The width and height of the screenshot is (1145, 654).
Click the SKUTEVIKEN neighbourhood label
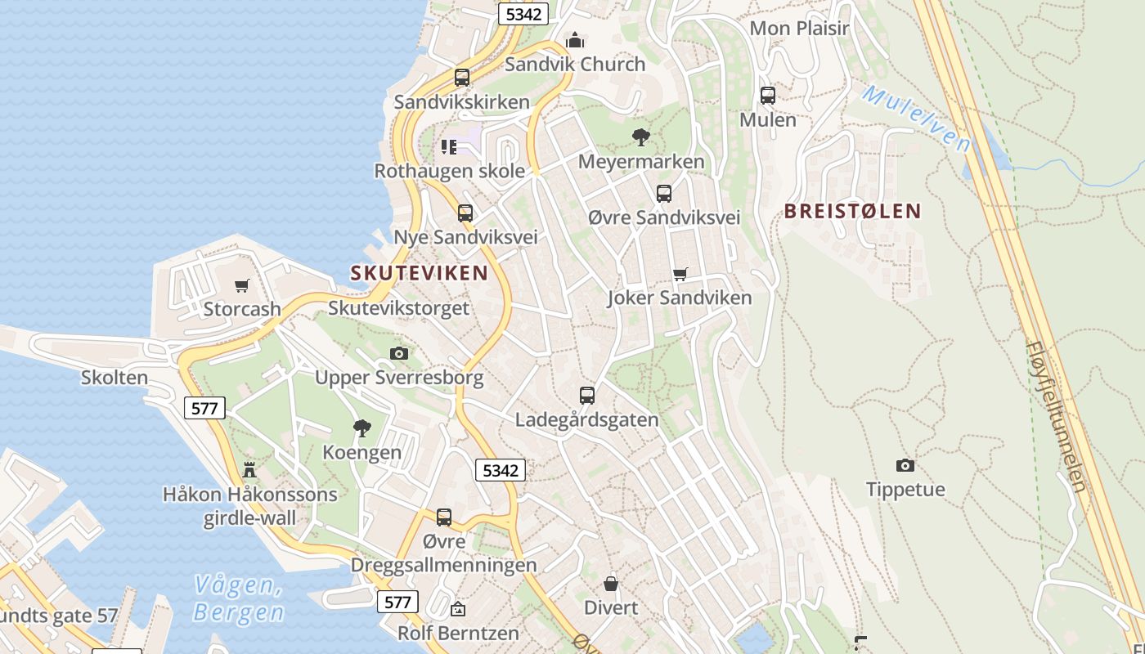tap(419, 273)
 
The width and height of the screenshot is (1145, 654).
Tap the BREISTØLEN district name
tap(852, 211)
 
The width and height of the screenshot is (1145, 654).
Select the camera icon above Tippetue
tap(905, 465)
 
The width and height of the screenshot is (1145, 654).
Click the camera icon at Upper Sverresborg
tap(399, 353)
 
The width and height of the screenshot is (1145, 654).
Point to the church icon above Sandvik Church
tap(575, 39)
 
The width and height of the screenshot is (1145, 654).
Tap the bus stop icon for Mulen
tap(767, 95)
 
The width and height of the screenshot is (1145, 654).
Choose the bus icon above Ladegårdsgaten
tap(586, 395)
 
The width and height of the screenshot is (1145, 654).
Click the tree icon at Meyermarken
tap(641, 137)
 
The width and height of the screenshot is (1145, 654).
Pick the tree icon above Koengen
tap(361, 428)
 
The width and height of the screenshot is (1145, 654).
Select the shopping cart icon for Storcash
tap(241, 285)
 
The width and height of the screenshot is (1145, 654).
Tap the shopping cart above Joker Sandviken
tap(680, 274)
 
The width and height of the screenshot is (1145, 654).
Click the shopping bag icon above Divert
tap(610, 583)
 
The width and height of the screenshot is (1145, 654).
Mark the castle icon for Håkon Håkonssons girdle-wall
tap(249, 469)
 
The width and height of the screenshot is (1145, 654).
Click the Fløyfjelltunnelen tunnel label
tap(1057, 416)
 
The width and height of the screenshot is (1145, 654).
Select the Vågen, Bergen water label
tap(239, 598)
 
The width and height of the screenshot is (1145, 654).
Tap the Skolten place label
tap(114, 378)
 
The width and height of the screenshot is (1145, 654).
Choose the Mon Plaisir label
tap(799, 28)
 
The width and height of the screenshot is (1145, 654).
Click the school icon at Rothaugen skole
tap(448, 146)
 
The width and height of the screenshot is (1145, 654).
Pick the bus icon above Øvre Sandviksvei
tap(663, 193)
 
